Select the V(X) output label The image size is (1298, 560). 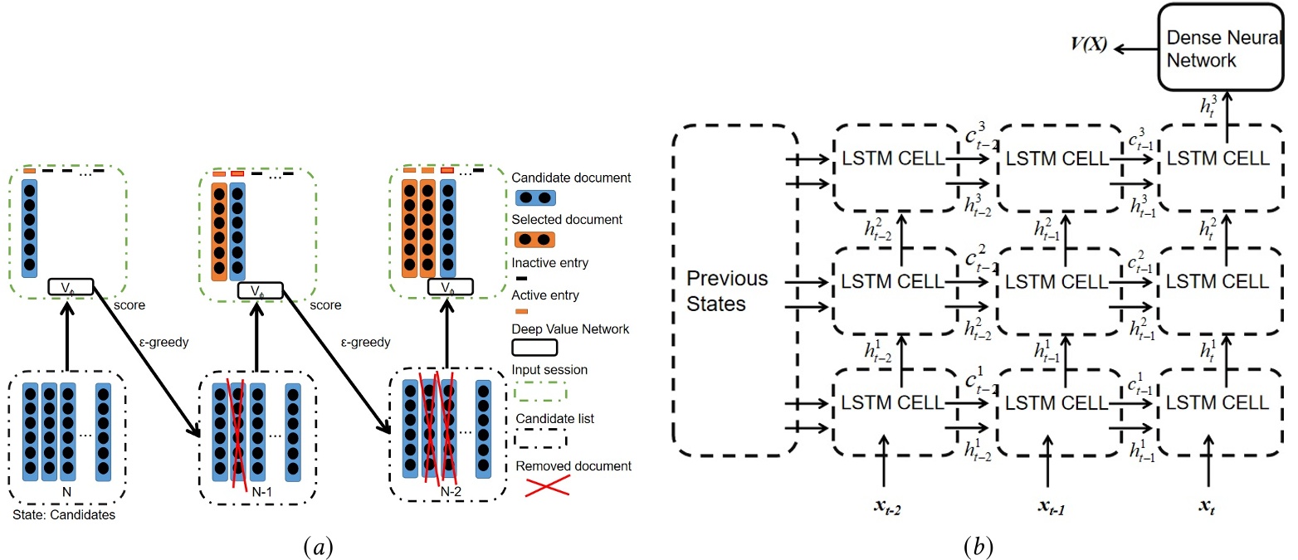[1089, 44]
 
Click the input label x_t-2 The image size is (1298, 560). [887, 507]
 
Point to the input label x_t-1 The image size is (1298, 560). [1052, 507]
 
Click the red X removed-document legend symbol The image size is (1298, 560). [547, 486]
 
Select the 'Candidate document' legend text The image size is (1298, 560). [571, 178]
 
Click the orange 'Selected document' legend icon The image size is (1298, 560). [534, 240]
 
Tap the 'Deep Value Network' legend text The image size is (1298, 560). [570, 329]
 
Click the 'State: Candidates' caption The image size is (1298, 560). [64, 515]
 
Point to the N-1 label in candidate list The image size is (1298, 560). [262, 492]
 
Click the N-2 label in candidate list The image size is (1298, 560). [451, 492]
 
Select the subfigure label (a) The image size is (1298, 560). [318, 547]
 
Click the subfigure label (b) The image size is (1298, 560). [978, 547]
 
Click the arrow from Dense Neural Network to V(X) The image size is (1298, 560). [1135, 49]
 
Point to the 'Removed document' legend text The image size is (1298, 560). [573, 466]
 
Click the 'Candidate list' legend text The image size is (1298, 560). [554, 419]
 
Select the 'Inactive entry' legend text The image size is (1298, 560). [549, 263]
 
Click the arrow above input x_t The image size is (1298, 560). [1208, 460]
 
